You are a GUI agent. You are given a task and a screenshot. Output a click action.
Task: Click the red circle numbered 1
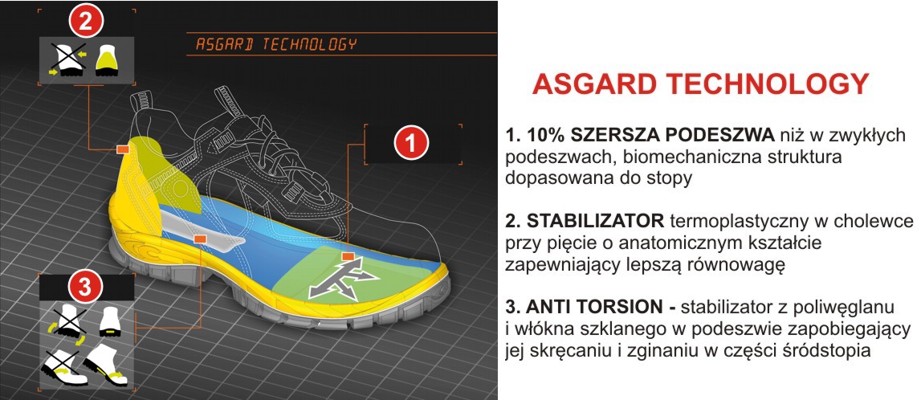[412, 143]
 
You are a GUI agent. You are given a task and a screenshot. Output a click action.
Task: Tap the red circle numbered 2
[87, 22]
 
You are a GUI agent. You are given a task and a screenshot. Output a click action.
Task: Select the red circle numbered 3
[85, 288]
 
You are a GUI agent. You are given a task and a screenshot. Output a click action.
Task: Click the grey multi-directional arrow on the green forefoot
[342, 280]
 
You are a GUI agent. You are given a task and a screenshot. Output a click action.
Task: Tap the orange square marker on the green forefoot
[348, 256]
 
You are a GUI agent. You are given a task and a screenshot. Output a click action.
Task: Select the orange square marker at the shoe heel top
[123, 149]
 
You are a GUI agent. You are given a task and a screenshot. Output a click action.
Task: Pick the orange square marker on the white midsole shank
[199, 239]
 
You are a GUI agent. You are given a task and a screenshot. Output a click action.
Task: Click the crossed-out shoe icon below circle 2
[67, 59]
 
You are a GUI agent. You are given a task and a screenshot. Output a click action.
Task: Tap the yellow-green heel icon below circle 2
[106, 59]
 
